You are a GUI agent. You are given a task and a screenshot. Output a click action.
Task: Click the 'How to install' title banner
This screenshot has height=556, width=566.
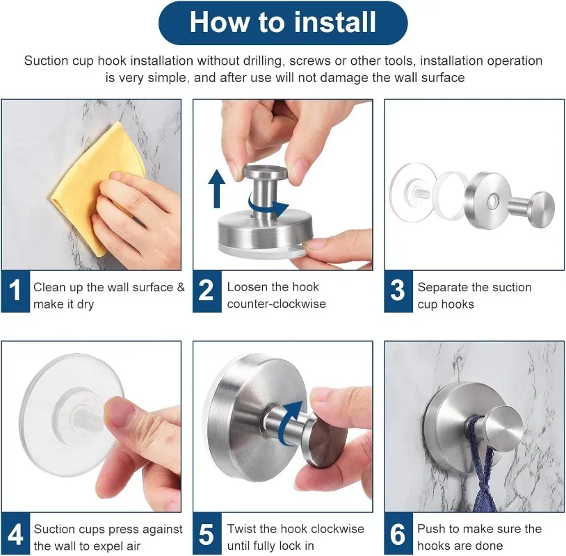tap(283, 22)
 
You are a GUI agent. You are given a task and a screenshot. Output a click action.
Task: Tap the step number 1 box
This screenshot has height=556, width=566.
tap(15, 291)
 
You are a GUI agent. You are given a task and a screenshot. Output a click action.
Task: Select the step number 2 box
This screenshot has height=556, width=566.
tap(207, 291)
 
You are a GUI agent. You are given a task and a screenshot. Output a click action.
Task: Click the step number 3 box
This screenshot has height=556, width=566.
tap(398, 291)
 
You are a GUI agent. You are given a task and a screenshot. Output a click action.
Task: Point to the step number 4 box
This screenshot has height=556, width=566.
tap(15, 533)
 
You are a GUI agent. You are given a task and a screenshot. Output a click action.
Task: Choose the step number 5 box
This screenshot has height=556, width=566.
tap(207, 533)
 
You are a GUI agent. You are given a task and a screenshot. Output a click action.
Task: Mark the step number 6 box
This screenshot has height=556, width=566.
tap(398, 533)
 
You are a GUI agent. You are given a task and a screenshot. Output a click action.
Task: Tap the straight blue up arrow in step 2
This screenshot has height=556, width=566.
tap(216, 189)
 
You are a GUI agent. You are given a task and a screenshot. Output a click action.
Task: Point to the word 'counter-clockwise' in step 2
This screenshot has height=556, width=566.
tap(277, 304)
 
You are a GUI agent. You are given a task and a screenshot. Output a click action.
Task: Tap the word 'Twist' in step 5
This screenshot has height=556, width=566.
tap(241, 529)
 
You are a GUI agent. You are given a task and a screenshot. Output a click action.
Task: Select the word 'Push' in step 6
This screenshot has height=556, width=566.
tap(431, 529)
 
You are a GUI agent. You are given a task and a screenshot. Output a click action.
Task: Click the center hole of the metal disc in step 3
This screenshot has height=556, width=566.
tap(492, 201)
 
